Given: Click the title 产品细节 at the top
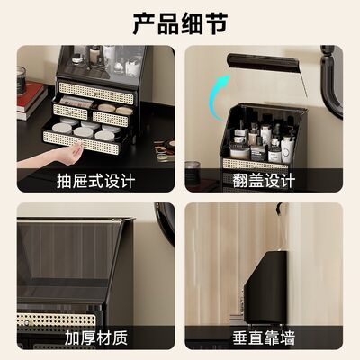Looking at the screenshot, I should point(180,21).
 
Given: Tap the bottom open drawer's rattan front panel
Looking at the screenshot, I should point(85,140).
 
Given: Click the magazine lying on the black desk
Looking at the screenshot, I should point(165,146).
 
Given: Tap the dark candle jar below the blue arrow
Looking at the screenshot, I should point(192,171).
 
